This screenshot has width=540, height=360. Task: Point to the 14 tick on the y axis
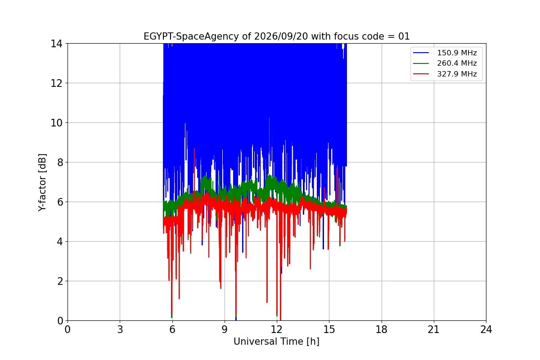(x=56, y=44)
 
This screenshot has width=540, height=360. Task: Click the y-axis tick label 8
(x=60, y=162)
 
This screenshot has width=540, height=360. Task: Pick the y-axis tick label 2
(x=60, y=281)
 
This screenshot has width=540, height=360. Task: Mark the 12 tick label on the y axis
(x=56, y=83)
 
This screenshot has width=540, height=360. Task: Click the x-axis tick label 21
(x=434, y=329)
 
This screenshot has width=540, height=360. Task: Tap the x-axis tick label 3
(x=120, y=329)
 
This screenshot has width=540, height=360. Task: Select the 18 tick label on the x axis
(x=382, y=329)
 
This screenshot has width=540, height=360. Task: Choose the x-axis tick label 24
(x=486, y=329)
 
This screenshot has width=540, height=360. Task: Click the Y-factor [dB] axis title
(x=42, y=183)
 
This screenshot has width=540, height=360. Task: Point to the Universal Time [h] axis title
(x=276, y=342)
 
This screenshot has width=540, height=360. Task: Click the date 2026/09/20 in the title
(x=281, y=36)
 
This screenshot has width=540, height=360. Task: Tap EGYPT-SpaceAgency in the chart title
(x=191, y=36)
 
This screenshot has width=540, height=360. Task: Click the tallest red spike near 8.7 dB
(x=194, y=149)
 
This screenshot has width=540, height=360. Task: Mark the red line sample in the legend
(x=421, y=74)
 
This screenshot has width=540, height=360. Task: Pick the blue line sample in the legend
(x=421, y=53)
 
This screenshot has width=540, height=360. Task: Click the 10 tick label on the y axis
(x=56, y=123)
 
